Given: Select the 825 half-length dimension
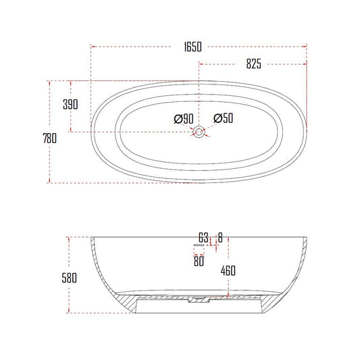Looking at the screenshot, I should tap(253, 64).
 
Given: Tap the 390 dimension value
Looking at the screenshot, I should tap(70, 105).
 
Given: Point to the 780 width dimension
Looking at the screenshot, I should tap(49, 138).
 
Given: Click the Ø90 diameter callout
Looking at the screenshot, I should tap(184, 120).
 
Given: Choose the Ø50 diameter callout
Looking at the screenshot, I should tap(224, 119).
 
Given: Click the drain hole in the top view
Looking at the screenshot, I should tap(200, 132).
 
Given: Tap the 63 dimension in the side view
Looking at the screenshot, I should tap(203, 237).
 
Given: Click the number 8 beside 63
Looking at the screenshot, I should tap(220, 237).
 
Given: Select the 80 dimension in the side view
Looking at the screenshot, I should tap(199, 261).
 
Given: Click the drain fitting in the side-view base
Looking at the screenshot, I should tap(197, 298).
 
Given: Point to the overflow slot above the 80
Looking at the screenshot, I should tap(199, 246).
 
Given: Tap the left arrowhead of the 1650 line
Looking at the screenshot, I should tap(93, 47).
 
